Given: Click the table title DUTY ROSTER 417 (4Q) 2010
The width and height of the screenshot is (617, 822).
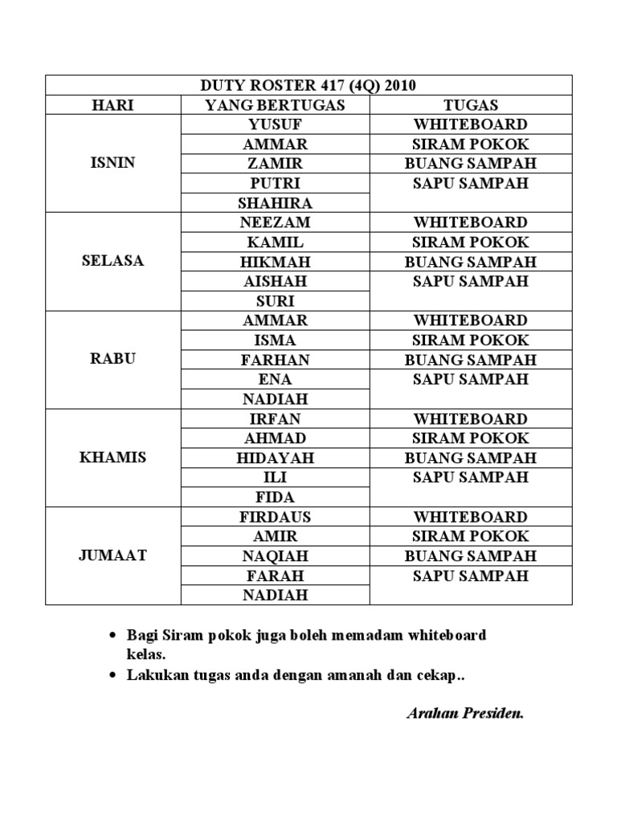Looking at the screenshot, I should tap(308, 85).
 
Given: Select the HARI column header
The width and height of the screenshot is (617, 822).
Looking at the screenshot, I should tap(112, 105).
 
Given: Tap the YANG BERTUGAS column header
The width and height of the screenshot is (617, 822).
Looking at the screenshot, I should tap(275, 105).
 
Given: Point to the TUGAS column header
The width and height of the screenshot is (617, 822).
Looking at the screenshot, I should tap(471, 105).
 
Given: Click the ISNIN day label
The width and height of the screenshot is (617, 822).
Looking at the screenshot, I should tap(113, 163).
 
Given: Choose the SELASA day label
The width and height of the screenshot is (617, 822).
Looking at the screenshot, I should tap(113, 262).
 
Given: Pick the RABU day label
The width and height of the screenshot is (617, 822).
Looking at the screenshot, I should tap(113, 360).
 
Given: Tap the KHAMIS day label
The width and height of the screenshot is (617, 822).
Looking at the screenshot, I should tap(113, 458).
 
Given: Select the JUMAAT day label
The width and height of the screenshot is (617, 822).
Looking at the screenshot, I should tap(113, 555).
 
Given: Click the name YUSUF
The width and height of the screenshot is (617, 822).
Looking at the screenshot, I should tap(275, 124).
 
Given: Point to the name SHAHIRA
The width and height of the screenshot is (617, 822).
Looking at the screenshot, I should tap(275, 203).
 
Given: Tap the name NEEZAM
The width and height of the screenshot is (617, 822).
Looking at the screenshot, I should tap(275, 222).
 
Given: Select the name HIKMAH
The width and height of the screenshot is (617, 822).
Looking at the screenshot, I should tap(275, 262).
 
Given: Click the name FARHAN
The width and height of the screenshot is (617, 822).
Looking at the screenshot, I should tap(275, 360).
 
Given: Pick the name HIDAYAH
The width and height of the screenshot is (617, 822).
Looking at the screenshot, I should tap(275, 458).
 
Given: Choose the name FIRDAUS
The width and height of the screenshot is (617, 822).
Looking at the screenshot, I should tap(275, 517).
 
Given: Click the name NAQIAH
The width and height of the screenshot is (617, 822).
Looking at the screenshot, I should tap(275, 555).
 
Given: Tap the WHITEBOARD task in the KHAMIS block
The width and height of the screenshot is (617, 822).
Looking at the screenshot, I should tap(471, 419).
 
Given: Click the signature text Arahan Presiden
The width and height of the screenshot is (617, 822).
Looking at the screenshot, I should tap(465, 713).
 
